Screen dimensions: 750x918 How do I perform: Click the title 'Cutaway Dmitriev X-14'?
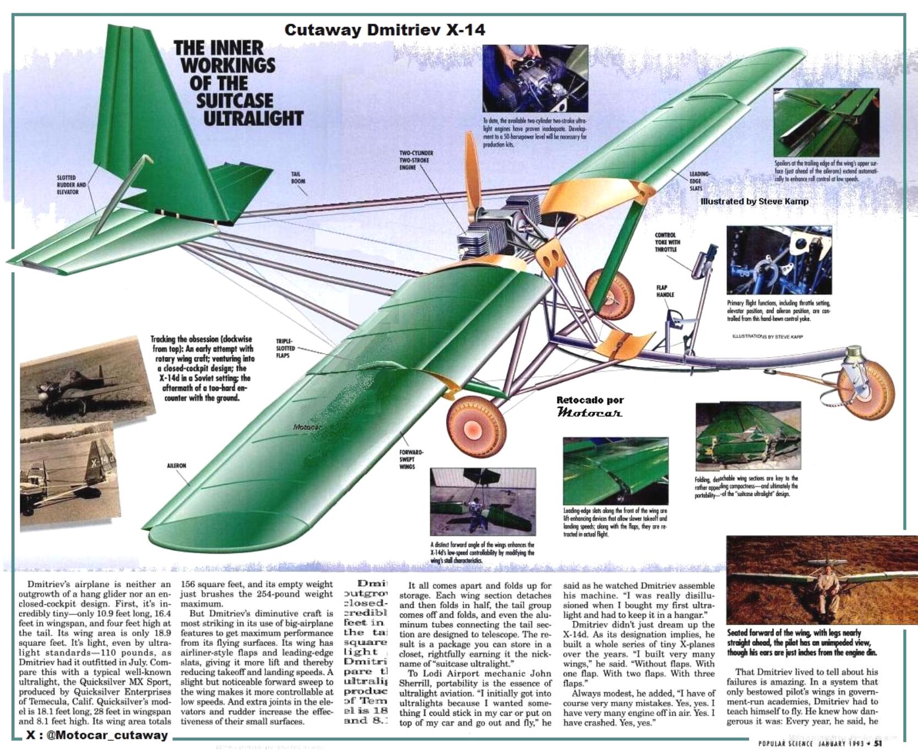384,30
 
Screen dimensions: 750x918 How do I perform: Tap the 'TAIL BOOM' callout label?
298,177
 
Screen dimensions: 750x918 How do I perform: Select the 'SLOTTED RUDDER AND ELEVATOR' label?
71,185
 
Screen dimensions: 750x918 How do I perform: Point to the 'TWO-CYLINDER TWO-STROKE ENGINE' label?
416,160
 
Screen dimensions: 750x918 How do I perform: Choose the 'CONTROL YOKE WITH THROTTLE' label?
667,242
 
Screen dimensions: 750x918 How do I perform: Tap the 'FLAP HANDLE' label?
665,291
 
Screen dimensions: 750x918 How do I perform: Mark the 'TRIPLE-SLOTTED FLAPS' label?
285,348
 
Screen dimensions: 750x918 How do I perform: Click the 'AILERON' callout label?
176,466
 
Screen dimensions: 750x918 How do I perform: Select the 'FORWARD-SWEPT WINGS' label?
411,460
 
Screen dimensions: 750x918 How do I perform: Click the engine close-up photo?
535,78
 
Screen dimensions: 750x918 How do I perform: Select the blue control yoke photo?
779,260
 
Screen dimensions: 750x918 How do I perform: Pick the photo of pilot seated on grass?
822,580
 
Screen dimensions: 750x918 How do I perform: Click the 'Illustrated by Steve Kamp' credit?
754,201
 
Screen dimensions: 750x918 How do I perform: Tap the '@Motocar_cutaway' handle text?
97,735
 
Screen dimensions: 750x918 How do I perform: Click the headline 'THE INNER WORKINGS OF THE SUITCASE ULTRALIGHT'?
238,83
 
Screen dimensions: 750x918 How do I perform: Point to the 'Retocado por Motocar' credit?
590,406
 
